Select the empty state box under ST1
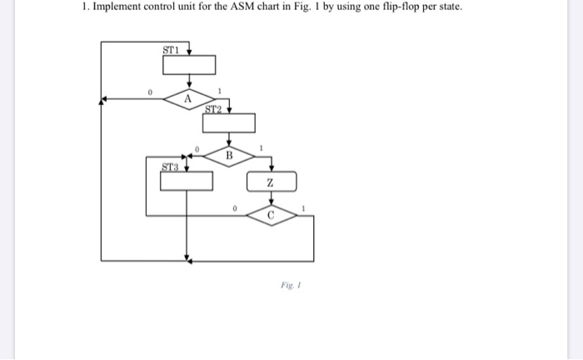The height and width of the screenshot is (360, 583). [x=189, y=65]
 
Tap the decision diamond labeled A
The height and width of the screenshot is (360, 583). [x=188, y=99]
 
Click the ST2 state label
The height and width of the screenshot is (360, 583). [x=212, y=108]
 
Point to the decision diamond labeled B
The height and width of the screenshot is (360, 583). [x=229, y=155]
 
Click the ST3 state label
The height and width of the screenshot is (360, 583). [x=169, y=166]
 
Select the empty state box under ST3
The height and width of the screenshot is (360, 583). [x=187, y=181]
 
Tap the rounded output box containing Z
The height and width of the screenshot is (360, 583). [x=271, y=182]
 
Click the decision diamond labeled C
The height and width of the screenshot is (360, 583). [x=271, y=214]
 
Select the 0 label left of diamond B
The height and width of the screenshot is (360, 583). [x=197, y=147]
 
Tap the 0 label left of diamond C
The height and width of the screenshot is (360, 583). [x=236, y=207]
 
